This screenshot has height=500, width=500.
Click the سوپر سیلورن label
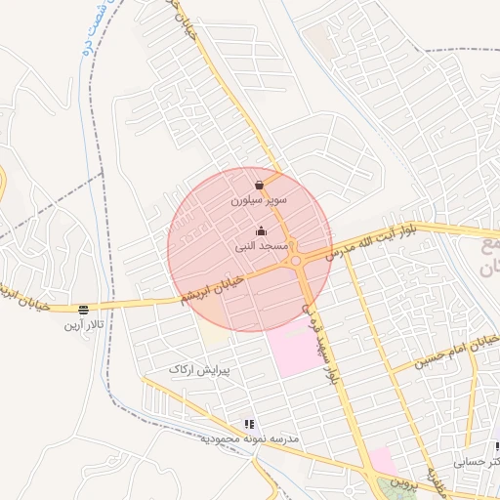[259, 199]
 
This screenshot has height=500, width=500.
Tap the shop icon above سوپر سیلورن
[259, 185]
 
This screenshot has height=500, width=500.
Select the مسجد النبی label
[261, 247]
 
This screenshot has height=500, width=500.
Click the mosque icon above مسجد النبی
[261, 232]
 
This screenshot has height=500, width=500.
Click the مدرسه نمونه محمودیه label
[249, 439]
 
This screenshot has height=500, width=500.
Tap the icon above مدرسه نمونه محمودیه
[249, 425]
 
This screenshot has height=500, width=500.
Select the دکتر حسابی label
[477, 460]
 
